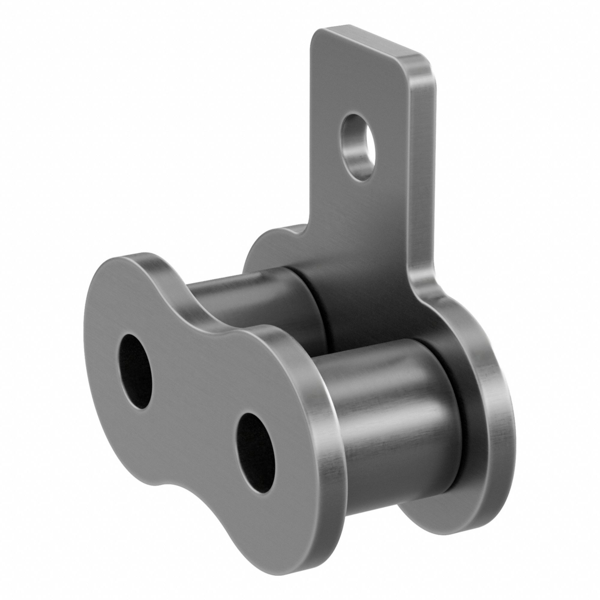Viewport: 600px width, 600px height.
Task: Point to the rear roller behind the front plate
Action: (x=248, y=298)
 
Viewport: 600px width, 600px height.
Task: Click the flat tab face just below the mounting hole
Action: (x=360, y=211)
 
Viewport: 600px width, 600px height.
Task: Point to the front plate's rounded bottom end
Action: (x=280, y=550)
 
